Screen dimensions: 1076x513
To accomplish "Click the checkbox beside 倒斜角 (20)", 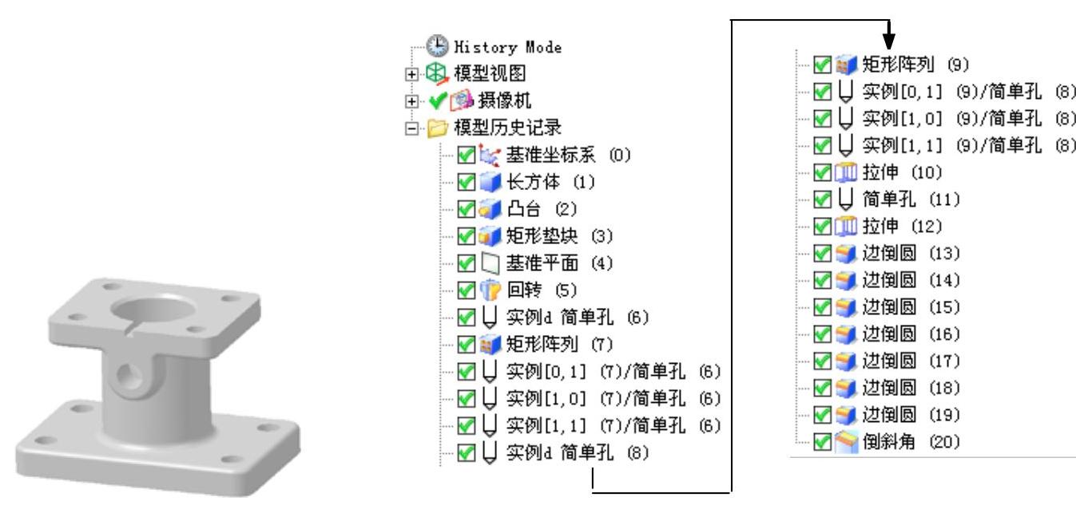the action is [821, 441].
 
